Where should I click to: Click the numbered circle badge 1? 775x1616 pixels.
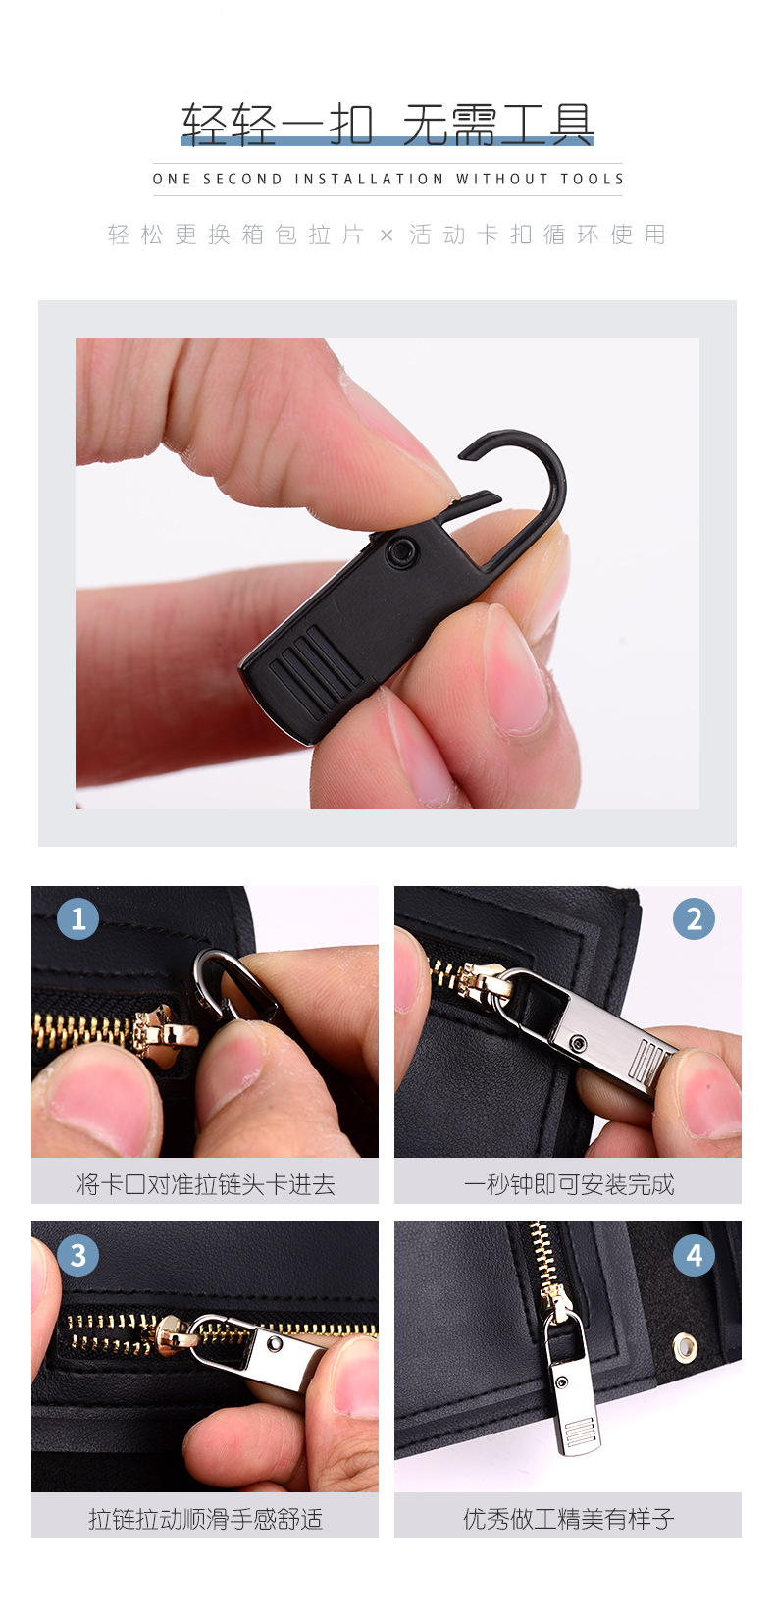[78, 919]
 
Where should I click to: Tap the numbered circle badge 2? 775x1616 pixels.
[694, 919]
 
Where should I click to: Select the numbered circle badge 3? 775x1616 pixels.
[78, 1255]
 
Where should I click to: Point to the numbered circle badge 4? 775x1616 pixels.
[694, 1255]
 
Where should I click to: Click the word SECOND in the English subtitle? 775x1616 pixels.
[241, 180]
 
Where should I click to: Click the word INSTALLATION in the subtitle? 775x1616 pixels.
[369, 180]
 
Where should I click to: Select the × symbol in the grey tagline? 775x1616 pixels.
[387, 235]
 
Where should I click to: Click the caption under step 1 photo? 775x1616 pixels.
[205, 1184]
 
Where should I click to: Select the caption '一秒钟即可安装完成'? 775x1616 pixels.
[568, 1184]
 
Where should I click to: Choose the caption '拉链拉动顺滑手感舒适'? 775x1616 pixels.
[205, 1519]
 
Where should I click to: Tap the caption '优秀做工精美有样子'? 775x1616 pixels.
[568, 1519]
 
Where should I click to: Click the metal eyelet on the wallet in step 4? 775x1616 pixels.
[685, 1345]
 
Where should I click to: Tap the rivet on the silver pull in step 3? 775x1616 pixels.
[276, 1341]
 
